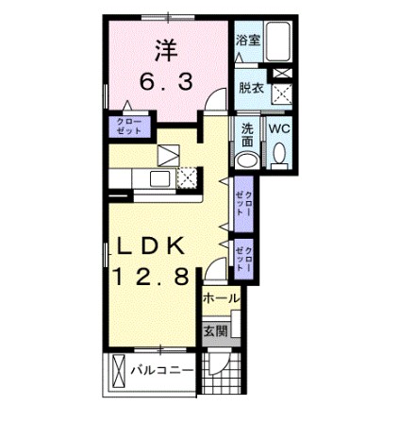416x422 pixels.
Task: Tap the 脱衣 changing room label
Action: point(250,88)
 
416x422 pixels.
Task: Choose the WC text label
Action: point(280,129)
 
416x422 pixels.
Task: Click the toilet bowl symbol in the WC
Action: point(280,155)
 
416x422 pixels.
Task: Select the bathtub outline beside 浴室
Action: point(280,41)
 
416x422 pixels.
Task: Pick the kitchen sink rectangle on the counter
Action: point(158,179)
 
